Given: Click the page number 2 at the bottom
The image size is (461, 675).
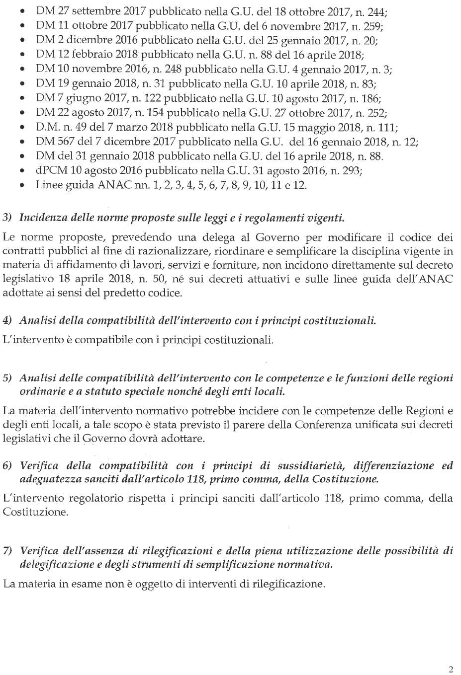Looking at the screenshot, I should tap(451, 669).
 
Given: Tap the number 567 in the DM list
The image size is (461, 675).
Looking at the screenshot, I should tap(65, 142).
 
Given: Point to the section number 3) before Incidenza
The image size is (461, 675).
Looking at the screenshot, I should tap(7, 218).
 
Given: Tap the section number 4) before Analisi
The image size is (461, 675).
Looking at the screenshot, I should tap(7, 320).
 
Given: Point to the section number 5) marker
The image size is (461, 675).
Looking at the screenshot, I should tap(7, 378).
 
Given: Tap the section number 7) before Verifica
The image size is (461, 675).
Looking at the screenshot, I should tap(7, 551).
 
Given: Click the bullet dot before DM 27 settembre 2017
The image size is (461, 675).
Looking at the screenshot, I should tap(22, 11).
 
